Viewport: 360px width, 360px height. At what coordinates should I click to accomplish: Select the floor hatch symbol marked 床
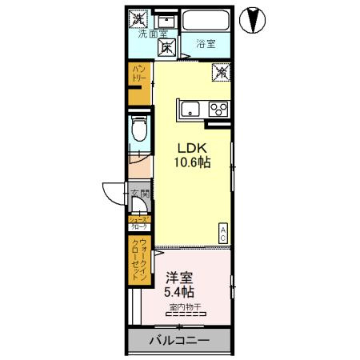(x=166, y=47)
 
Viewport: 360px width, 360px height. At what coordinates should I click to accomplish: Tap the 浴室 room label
(x=205, y=45)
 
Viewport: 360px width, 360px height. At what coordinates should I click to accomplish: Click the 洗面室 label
(x=152, y=34)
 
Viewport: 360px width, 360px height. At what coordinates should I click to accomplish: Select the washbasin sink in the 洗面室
(x=166, y=19)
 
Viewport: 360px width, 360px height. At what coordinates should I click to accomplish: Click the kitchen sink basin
(x=190, y=109)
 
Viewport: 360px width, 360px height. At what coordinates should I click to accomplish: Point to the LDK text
(x=192, y=149)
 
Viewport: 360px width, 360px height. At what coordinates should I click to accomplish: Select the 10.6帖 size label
(x=192, y=163)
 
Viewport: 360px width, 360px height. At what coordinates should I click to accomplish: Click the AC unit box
(x=223, y=233)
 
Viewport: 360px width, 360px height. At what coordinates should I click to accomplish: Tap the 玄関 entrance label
(x=139, y=194)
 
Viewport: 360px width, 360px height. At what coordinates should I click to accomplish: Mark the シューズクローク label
(x=139, y=223)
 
